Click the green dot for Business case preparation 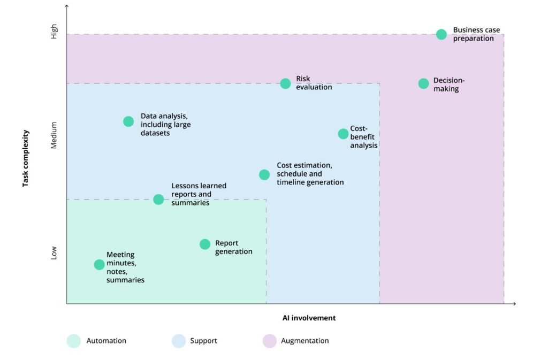[x=441, y=34]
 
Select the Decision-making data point [x=423, y=83]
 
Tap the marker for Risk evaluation [x=285, y=83]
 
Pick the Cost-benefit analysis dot [x=343, y=134]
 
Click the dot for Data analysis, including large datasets [x=128, y=121]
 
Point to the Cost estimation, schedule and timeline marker [x=264, y=174]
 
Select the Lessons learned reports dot [x=158, y=200]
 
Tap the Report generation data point [x=205, y=244]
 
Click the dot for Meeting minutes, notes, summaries [x=99, y=264]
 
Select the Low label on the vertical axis [x=54, y=253]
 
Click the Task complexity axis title [x=25, y=158]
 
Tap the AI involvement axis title [x=309, y=318]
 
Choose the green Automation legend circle [x=74, y=341]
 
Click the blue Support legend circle [x=179, y=341]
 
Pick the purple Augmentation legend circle [x=269, y=341]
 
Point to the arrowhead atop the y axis [x=67, y=5]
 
